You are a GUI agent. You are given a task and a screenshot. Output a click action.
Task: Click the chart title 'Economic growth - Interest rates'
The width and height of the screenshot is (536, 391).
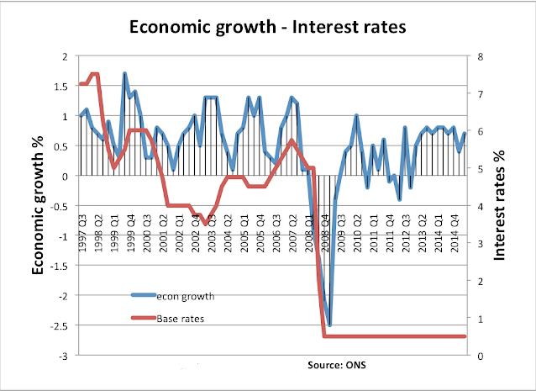268,26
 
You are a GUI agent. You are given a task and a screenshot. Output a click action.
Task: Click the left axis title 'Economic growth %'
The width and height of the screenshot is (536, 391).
39,205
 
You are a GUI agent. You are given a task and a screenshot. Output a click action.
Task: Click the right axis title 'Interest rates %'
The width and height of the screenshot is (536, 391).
501,205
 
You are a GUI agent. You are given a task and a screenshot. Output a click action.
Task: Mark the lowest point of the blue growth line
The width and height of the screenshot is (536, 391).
330,325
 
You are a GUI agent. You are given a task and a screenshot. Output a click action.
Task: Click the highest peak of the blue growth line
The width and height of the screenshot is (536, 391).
124,74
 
